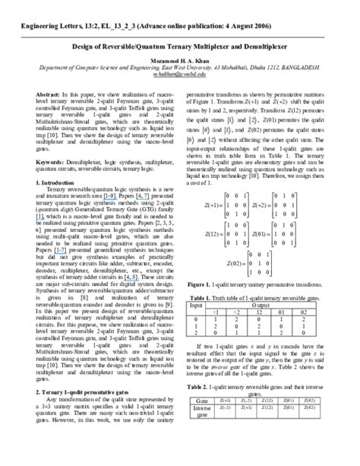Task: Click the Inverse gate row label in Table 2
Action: (x=203, y=432)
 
